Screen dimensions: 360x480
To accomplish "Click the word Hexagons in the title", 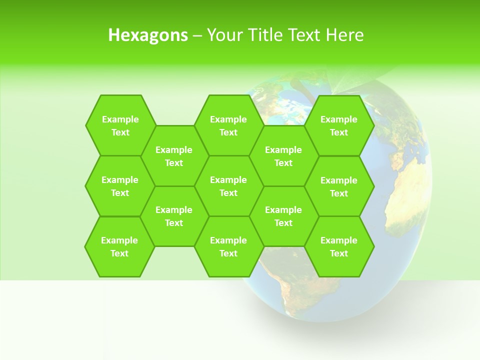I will (x=148, y=35).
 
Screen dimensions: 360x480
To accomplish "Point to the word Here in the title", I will (x=344, y=35).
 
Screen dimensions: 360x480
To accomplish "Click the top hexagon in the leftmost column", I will (x=120, y=125).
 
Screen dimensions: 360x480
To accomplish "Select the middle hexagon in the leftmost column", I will (x=120, y=186).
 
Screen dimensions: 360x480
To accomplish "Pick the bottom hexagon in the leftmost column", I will (x=119, y=246).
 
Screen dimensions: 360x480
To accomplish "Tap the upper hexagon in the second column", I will (x=174, y=156).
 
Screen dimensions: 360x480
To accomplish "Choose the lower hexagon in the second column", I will (x=174, y=216).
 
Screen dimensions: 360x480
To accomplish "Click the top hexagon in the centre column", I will (x=228, y=125).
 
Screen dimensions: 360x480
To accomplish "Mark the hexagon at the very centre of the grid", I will (x=228, y=186).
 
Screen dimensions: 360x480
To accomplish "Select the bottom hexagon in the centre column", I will (x=228, y=246).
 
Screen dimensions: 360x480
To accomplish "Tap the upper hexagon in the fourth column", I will (x=283, y=156).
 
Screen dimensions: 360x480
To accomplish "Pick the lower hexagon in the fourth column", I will (x=283, y=216).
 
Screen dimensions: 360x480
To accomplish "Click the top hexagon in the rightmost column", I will (x=339, y=125).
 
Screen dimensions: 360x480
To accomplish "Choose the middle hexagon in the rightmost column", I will (x=339, y=186).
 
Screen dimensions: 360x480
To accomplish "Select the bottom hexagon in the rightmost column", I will (x=339, y=246).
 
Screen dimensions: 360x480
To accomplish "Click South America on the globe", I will (x=285, y=290).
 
